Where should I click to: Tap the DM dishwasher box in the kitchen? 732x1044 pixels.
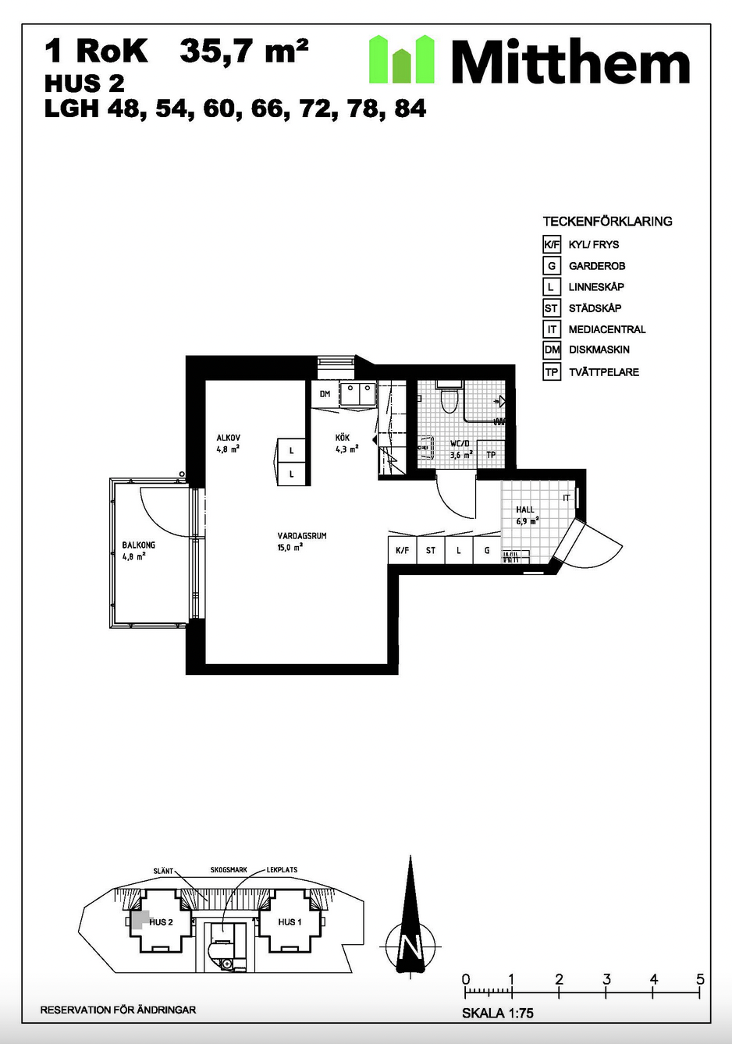pyautogui.click(x=325, y=394)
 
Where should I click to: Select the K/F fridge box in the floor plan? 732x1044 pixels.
pyautogui.click(x=403, y=550)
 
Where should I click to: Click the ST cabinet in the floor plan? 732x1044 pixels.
pyautogui.click(x=431, y=550)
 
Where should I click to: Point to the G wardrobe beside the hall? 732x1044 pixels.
pyautogui.click(x=487, y=550)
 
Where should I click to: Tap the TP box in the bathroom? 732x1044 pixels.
pyautogui.click(x=491, y=454)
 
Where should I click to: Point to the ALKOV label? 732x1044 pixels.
pyautogui.click(x=229, y=438)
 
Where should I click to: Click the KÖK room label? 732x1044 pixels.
pyautogui.click(x=343, y=438)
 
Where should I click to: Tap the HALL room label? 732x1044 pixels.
pyautogui.click(x=525, y=510)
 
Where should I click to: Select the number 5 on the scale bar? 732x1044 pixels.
pyautogui.click(x=700, y=978)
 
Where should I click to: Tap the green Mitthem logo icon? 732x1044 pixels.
pyautogui.click(x=402, y=59)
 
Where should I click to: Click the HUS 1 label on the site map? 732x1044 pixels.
pyautogui.click(x=290, y=922)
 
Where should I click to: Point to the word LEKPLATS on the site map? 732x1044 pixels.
pyautogui.click(x=282, y=870)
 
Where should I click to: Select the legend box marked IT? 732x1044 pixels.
pyautogui.click(x=552, y=329)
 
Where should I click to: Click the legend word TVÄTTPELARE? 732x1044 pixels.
pyautogui.click(x=604, y=372)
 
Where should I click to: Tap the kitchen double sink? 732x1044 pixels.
pyautogui.click(x=358, y=394)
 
